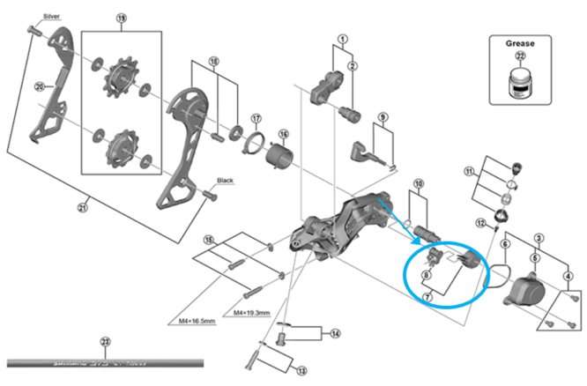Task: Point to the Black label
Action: [x=224, y=181]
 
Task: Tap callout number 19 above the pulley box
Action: [x=122, y=18]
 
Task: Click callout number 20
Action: [x=39, y=86]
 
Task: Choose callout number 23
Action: [x=105, y=342]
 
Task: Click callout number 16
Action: [x=284, y=134]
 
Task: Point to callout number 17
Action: [x=256, y=119]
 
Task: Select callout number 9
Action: [x=383, y=117]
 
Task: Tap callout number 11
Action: [x=469, y=170]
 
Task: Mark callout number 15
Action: [x=208, y=240]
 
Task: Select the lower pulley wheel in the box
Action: [x=116, y=148]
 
